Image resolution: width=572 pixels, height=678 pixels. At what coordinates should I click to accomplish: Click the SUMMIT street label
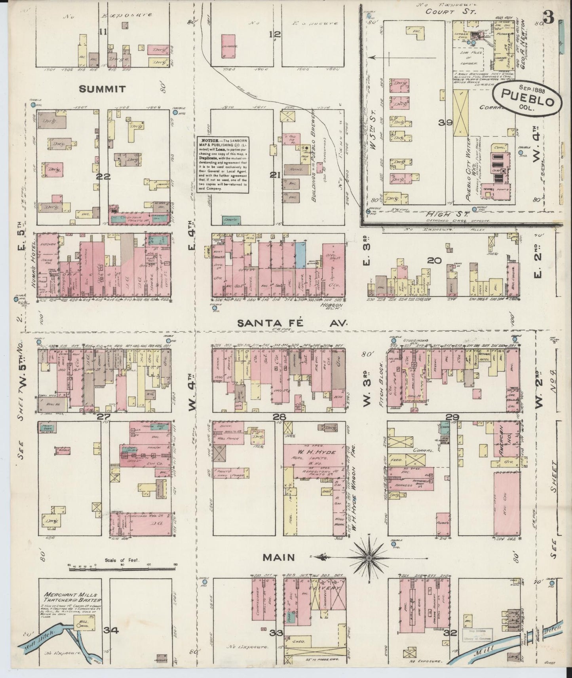click(x=103, y=89)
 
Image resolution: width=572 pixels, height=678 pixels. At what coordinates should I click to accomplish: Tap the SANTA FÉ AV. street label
click(x=293, y=323)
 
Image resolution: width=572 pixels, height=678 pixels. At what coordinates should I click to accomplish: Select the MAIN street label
click(x=279, y=557)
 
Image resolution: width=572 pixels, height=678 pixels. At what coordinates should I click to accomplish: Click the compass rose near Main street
click(x=368, y=557)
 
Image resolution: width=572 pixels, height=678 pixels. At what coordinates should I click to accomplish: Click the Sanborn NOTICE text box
click(x=224, y=164)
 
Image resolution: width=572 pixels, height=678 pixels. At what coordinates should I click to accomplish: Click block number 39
click(x=445, y=123)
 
